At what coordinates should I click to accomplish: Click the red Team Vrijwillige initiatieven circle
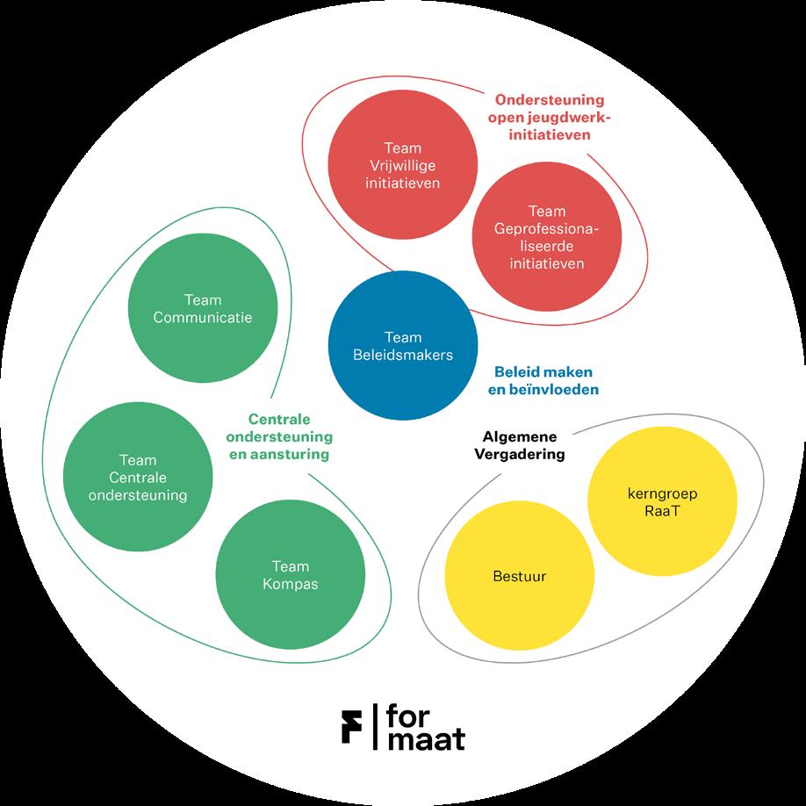click(x=402, y=164)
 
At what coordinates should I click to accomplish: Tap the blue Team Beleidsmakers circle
click(x=403, y=346)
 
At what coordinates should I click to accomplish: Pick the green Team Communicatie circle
click(x=202, y=308)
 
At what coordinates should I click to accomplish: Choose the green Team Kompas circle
click(x=290, y=574)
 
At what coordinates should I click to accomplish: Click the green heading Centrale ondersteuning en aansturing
click(x=278, y=436)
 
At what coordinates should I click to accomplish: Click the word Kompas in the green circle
click(x=290, y=583)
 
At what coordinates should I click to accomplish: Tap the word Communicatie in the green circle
click(x=202, y=317)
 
